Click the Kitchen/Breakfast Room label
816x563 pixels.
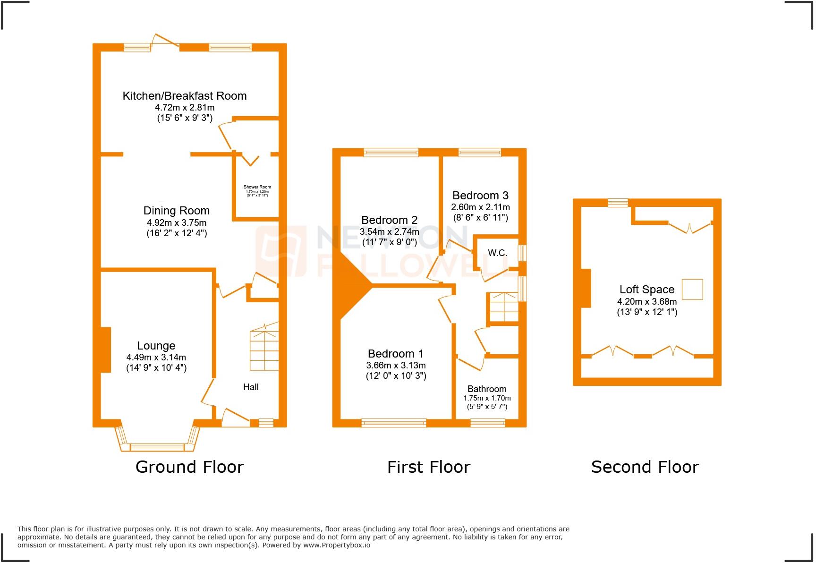click(x=185, y=96)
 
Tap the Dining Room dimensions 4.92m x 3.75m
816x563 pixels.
click(x=176, y=222)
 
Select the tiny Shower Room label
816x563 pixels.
click(x=257, y=187)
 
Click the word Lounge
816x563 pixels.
click(x=156, y=346)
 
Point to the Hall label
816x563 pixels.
click(x=251, y=387)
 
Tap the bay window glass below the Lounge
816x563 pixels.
click(x=157, y=447)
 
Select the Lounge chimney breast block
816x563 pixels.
click(x=106, y=350)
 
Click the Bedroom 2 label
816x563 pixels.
click(x=389, y=220)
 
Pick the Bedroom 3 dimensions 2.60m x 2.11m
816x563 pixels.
click(x=480, y=207)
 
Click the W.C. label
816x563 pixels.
click(x=497, y=253)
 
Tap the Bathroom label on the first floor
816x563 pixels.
click(x=487, y=389)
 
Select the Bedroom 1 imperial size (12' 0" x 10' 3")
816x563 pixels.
click(x=396, y=376)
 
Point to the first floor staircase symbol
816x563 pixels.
click(x=503, y=307)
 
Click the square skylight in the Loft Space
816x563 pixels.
click(x=693, y=290)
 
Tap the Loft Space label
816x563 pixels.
click(x=646, y=290)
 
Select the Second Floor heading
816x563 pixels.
click(x=645, y=467)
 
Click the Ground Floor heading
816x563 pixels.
click(x=189, y=467)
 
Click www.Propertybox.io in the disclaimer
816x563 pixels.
click(x=336, y=545)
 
